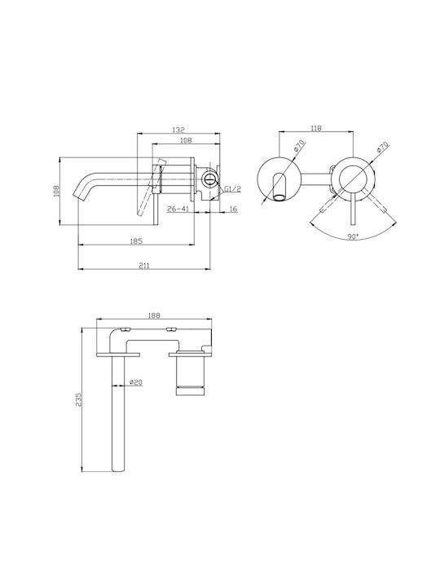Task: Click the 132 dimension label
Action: (x=178, y=130)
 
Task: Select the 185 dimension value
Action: (x=136, y=241)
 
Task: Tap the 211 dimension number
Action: (x=144, y=266)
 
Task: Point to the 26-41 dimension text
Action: (x=178, y=209)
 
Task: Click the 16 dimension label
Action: (x=233, y=209)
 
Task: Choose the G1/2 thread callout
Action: (x=233, y=189)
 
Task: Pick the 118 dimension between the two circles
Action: (x=316, y=129)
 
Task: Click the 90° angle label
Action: (x=353, y=237)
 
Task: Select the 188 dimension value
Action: (x=154, y=316)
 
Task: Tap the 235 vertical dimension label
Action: (x=78, y=400)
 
